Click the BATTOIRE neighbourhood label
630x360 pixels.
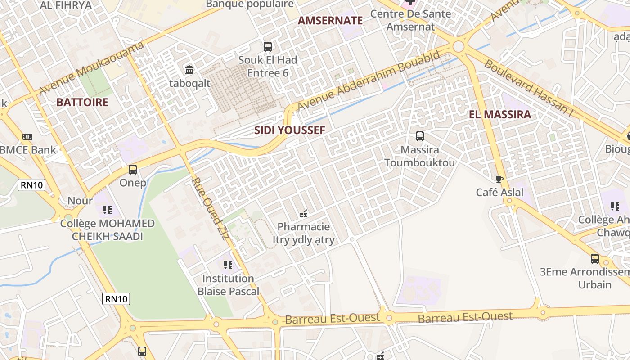coord(82,102)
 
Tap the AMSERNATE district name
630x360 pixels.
coord(330,20)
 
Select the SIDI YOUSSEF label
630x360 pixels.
coord(289,130)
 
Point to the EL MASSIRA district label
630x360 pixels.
coord(500,114)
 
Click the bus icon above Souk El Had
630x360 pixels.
coord(268,46)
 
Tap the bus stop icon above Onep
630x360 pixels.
coord(133,170)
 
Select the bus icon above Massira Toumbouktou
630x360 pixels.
coord(420,136)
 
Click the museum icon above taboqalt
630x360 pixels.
coord(189,70)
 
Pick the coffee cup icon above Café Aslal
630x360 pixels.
coord(499,179)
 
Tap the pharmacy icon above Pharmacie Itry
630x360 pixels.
coord(303,213)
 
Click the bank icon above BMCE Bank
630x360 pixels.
coord(27,136)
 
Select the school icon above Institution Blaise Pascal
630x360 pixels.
coord(228,265)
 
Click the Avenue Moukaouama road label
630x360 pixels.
coord(91,68)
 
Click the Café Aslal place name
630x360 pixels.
coord(500,193)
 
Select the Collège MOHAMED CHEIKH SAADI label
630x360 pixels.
coord(107,230)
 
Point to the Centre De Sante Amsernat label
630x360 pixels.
coord(410,20)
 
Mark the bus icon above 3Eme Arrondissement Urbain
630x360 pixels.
coord(595,259)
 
